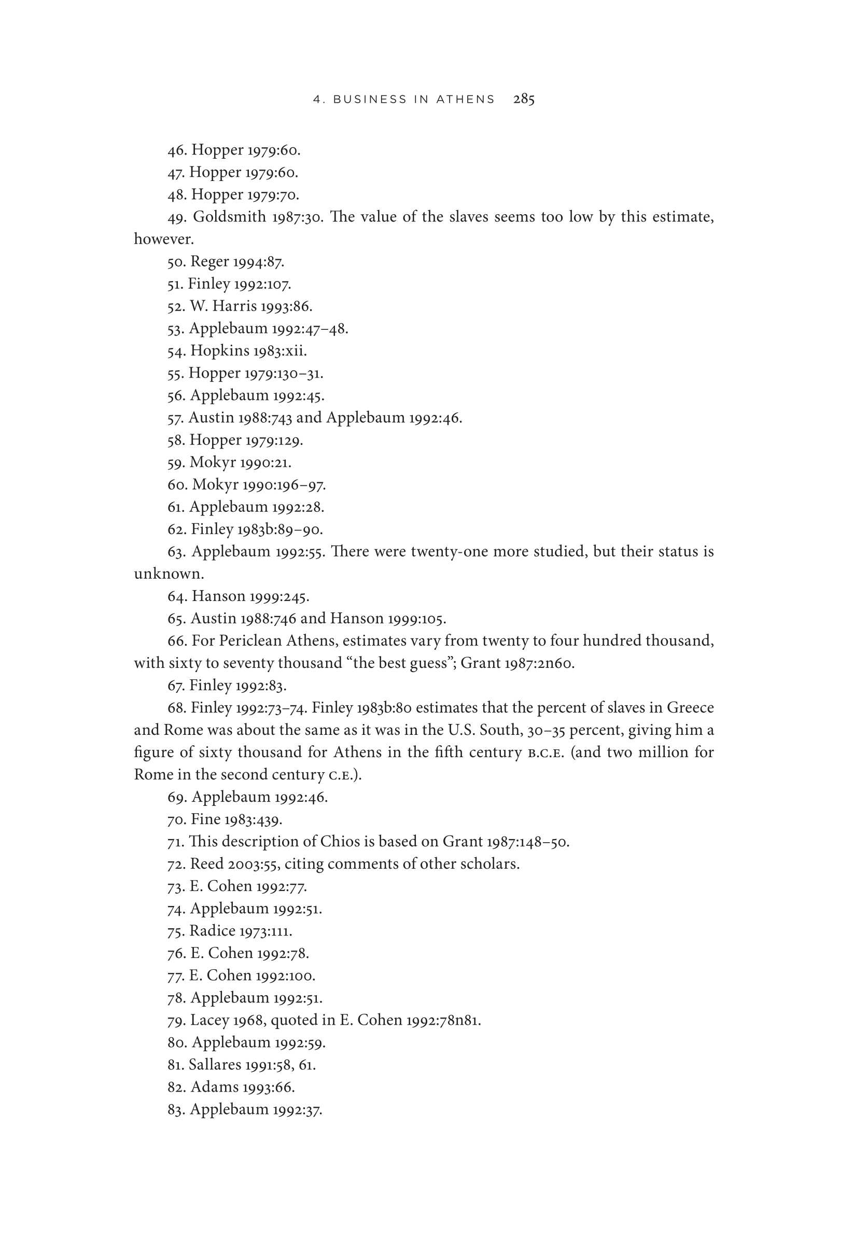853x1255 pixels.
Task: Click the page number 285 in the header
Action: coord(524,100)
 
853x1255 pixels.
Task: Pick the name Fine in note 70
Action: coord(206,820)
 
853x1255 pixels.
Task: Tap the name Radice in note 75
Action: coord(212,931)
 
